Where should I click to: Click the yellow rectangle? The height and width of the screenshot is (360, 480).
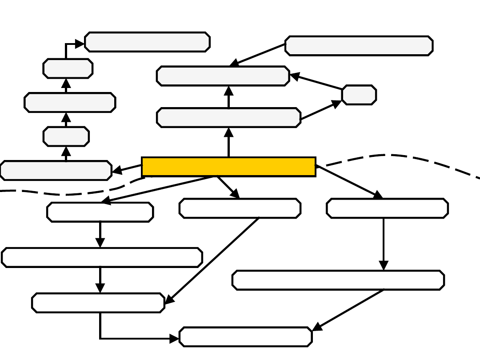pyautogui.click(x=228, y=167)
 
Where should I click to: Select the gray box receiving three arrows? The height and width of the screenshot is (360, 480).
pyautogui.click(x=223, y=76)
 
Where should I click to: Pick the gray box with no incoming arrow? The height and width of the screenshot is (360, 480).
pyautogui.click(x=359, y=46)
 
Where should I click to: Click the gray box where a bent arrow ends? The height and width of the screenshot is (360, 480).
pyautogui.click(x=147, y=42)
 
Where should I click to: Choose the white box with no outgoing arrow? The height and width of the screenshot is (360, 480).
pyautogui.click(x=245, y=337)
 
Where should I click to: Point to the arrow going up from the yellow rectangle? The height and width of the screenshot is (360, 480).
pyautogui.click(x=229, y=142)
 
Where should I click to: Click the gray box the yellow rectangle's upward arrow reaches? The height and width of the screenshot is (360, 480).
pyautogui.click(x=228, y=117)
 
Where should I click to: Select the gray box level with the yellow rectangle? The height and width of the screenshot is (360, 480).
pyautogui.click(x=56, y=171)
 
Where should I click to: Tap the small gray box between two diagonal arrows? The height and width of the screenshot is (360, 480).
pyautogui.click(x=359, y=95)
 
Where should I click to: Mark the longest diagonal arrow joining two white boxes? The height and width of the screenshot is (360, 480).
pyautogui.click(x=212, y=261)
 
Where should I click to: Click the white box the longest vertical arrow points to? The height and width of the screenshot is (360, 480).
pyautogui.click(x=338, y=280)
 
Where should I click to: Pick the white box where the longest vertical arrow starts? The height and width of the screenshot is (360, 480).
pyautogui.click(x=387, y=208)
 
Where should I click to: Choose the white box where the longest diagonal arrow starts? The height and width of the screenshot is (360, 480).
pyautogui.click(x=240, y=208)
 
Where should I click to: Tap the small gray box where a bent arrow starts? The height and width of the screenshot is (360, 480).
pyautogui.click(x=68, y=68)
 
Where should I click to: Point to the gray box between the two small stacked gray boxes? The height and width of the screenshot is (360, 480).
pyautogui.click(x=70, y=103)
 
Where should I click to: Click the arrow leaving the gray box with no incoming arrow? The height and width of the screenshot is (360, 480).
pyautogui.click(x=258, y=55)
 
